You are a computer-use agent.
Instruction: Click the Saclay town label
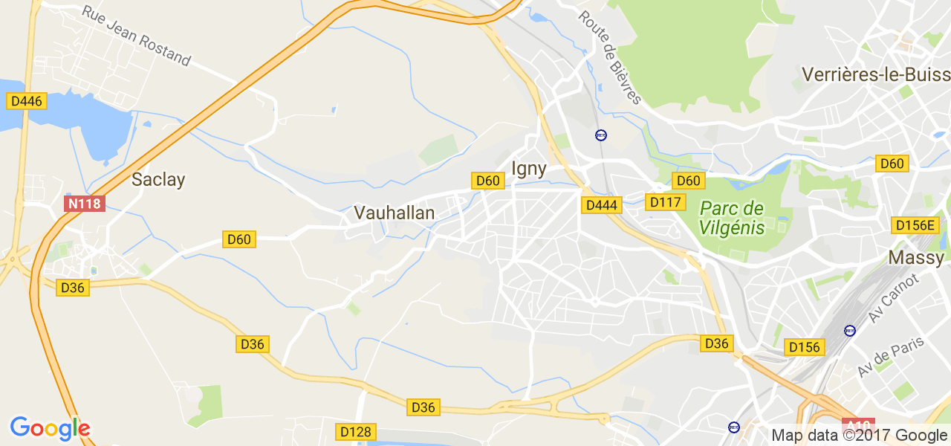[158, 179]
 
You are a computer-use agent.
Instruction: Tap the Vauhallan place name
[394, 213]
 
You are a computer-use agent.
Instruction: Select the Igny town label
[529, 169]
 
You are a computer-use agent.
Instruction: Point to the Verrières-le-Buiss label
[876, 74]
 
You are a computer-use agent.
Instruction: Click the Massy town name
[916, 258]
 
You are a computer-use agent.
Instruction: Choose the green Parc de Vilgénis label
[732, 217]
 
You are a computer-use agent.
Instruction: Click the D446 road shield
[27, 100]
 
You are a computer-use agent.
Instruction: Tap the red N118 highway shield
[85, 204]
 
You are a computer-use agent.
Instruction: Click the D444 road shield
[601, 205]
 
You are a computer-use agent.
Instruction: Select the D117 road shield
[665, 202]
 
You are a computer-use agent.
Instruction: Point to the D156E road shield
[915, 225]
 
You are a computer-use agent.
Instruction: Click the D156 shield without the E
[805, 347]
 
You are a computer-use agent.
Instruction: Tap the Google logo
[50, 428]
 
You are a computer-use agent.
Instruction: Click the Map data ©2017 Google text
[859, 436]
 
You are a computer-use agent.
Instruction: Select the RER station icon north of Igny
[600, 135]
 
